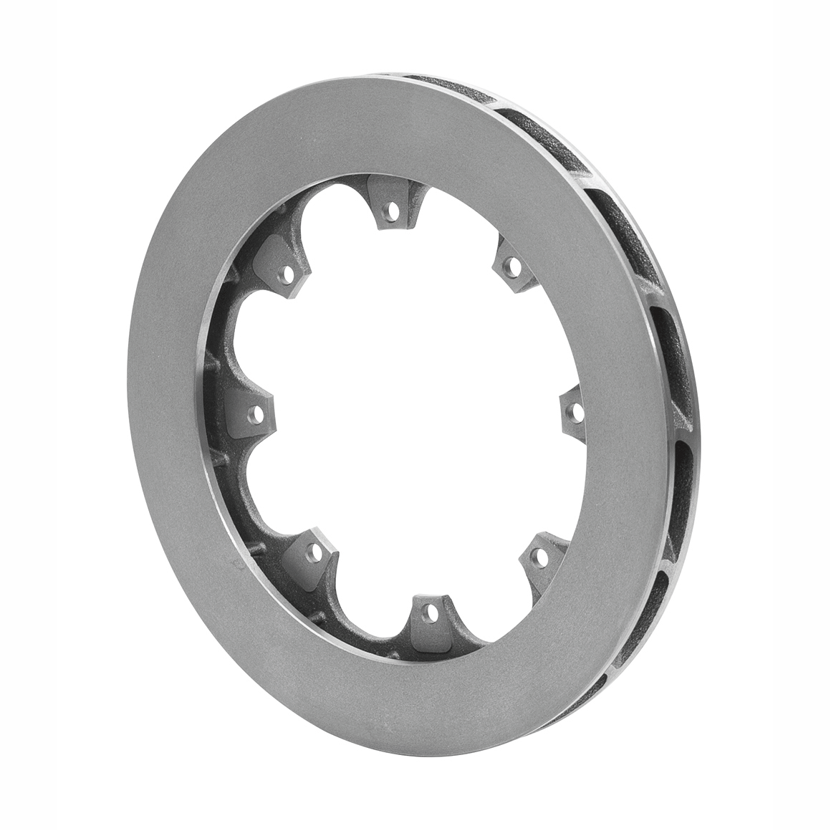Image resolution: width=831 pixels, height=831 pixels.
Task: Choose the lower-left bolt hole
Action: click(x=313, y=551)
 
